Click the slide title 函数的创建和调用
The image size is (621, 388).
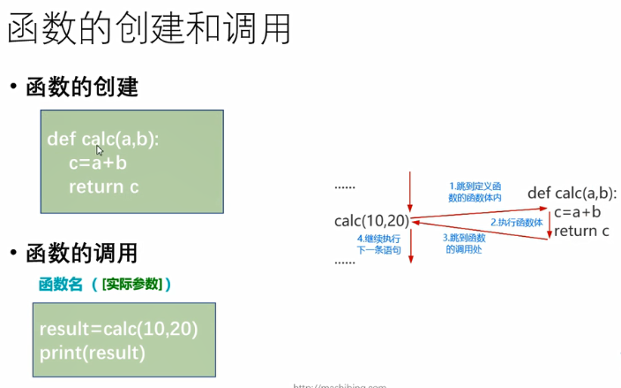pyautogui.click(x=149, y=32)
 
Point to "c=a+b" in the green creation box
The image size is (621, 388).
pyautogui.click(x=97, y=163)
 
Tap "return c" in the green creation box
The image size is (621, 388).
pyautogui.click(x=103, y=186)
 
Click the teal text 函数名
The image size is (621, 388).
pyautogui.click(x=61, y=284)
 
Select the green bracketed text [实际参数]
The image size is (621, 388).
pyautogui.click(x=132, y=284)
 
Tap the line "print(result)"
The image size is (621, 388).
pyautogui.click(x=92, y=353)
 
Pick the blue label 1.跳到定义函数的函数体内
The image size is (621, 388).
pyautogui.click(x=475, y=192)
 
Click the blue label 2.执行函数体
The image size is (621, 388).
pyautogui.click(x=516, y=222)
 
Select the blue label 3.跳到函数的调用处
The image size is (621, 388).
pyautogui.click(x=463, y=243)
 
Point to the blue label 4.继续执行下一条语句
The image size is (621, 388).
pyautogui.click(x=378, y=245)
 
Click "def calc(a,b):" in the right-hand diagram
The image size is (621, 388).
pyautogui.click(x=572, y=194)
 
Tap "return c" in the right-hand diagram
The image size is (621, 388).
pyautogui.click(x=581, y=231)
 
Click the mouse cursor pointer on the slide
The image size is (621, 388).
pyautogui.click(x=101, y=150)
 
